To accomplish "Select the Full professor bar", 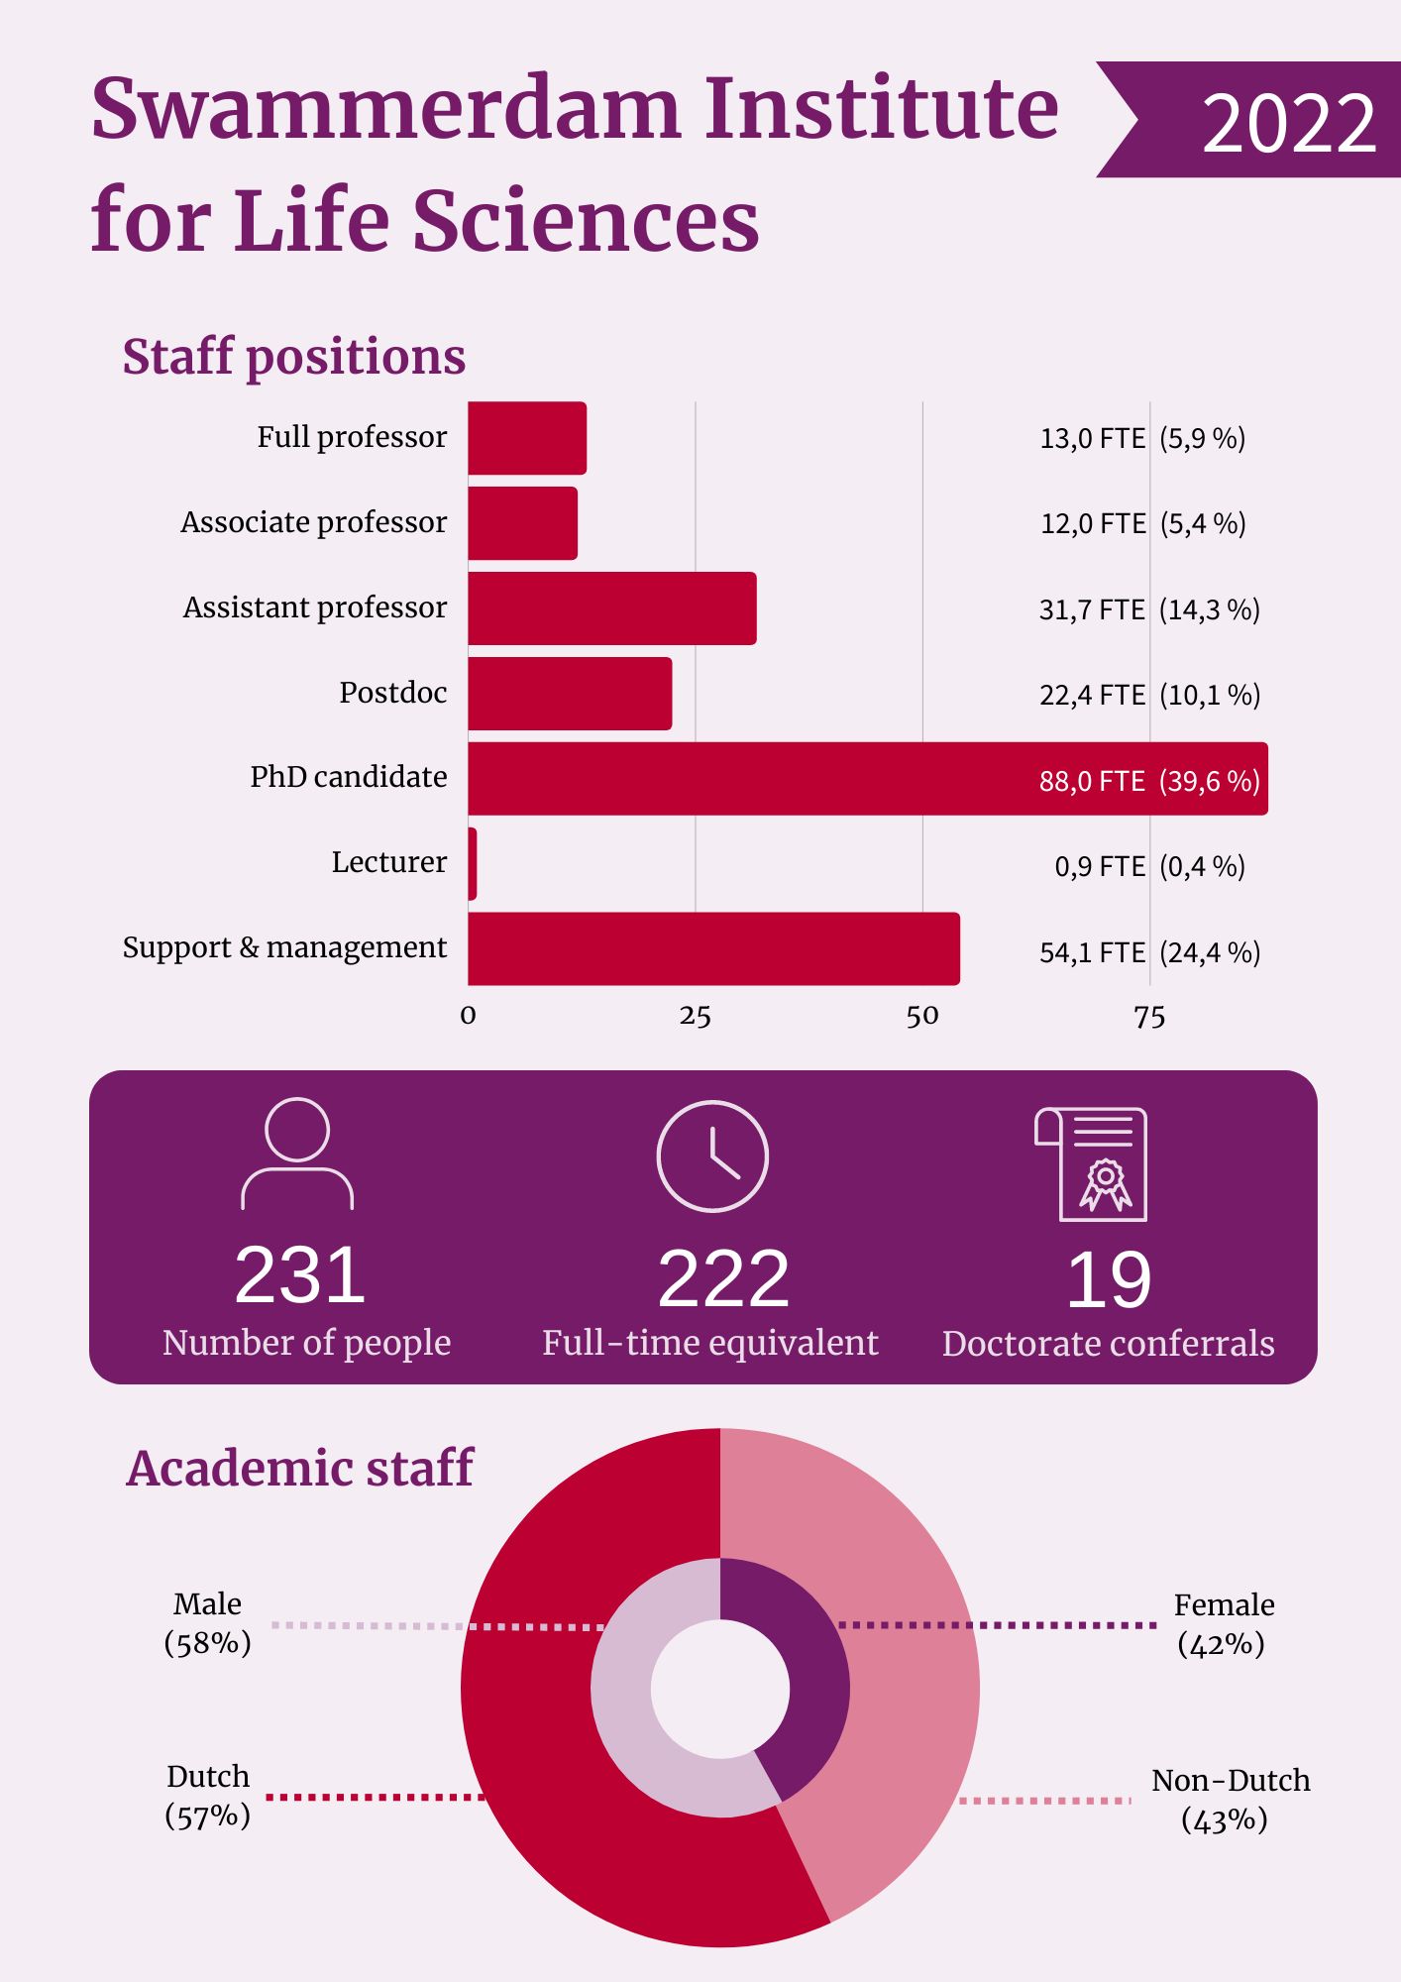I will [527, 438].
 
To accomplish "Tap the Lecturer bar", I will [473, 864].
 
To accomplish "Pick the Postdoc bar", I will [570, 694].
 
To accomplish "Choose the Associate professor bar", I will [522, 523].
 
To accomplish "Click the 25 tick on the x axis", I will [695, 1017].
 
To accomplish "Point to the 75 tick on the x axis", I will [1149, 1017].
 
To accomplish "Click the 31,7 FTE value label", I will [1092, 609].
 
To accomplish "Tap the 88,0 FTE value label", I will [1092, 781].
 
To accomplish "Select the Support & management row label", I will [284, 947].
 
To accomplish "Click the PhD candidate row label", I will [348, 777].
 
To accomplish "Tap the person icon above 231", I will [297, 1154].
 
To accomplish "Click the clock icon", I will [712, 1156].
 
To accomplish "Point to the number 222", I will [723, 1278].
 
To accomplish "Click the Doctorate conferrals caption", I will [1108, 1344].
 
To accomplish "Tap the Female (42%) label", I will [1223, 1624].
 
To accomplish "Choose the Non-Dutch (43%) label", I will [1230, 1800].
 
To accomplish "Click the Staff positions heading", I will [293, 357].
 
